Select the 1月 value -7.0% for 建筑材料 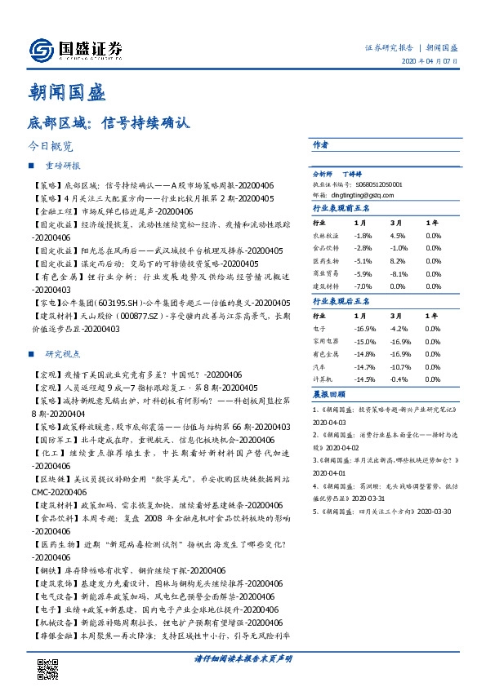363,287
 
